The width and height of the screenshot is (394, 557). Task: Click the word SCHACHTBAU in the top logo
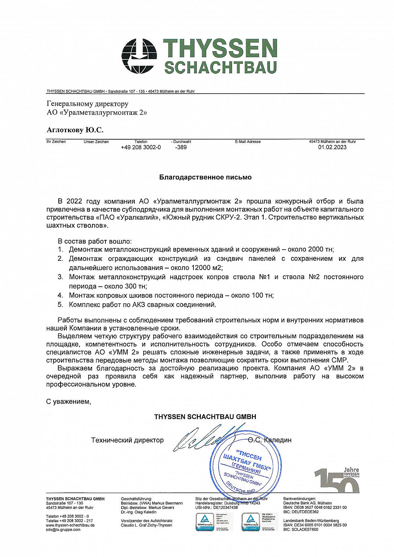tap(221, 68)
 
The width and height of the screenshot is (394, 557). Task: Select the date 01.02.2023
tap(332, 147)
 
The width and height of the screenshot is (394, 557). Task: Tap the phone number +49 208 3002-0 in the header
tap(141, 147)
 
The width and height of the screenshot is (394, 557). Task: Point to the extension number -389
tap(181, 147)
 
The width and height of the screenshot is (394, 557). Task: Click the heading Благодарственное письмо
tap(205, 177)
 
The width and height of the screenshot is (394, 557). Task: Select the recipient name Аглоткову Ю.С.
tap(75, 130)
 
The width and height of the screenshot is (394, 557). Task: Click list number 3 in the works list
tap(60, 277)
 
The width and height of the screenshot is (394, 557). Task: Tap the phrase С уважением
tap(68, 401)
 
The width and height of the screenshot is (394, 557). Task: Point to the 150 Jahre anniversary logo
tap(337, 480)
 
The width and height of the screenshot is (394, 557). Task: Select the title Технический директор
tap(127, 440)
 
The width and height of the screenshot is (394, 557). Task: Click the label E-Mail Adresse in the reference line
tap(248, 142)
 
